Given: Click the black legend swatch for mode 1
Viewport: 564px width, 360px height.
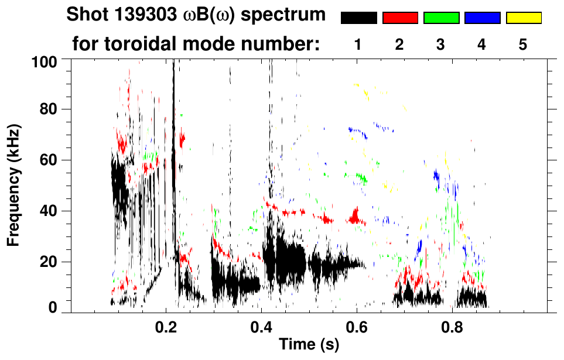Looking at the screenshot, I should (x=358, y=18).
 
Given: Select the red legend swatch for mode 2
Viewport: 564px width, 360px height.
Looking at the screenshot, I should (x=400, y=18).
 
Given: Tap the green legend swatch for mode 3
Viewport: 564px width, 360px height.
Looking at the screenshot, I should (x=441, y=18).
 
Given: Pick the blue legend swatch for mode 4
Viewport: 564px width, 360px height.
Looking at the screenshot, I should (x=482, y=18).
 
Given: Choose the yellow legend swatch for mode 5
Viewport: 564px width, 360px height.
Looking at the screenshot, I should (x=523, y=18).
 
